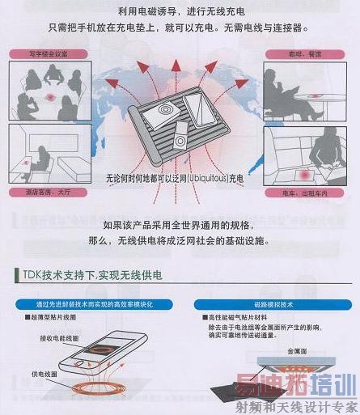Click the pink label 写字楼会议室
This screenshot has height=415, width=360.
tap(38, 54)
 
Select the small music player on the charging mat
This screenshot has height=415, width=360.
tap(183, 140)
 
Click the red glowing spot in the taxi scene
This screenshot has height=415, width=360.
tap(306, 176)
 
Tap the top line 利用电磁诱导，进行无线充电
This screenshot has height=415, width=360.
tap(180, 11)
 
